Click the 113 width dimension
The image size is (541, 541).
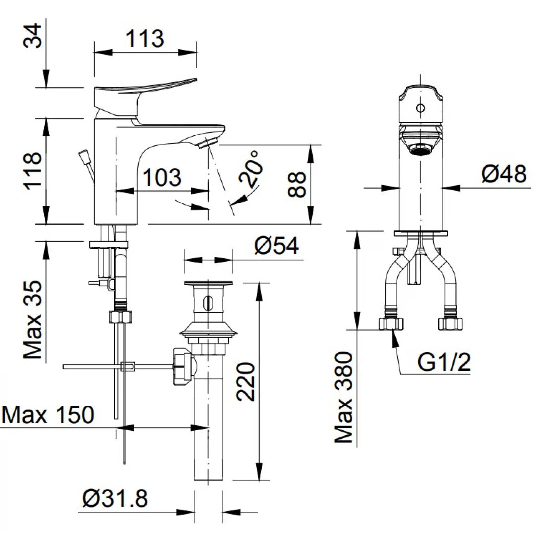tap(144, 39)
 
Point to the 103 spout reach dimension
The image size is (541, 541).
tap(161, 177)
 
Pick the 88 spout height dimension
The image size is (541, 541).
tap(298, 184)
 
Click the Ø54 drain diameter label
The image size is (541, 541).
tap(277, 245)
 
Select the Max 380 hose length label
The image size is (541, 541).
tap(343, 397)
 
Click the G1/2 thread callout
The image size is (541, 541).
tap(443, 363)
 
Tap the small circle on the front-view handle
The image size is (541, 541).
tap(420, 108)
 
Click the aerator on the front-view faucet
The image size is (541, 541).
tap(420, 149)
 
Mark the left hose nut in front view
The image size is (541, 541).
tap(391, 324)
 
